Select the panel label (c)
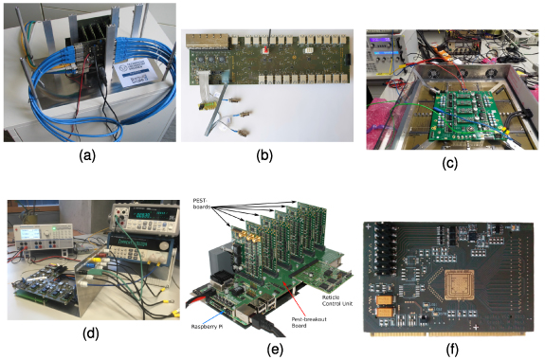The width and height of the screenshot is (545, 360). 450,162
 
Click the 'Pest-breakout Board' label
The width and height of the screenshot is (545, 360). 304,320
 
